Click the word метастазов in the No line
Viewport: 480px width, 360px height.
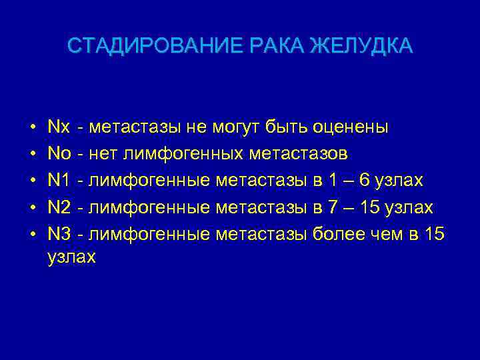tap(298, 154)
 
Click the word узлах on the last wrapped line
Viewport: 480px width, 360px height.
tap(72, 257)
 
